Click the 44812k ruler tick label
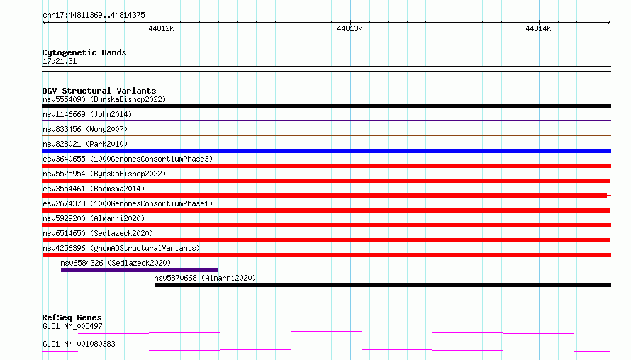(x=161, y=28)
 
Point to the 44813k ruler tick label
(x=350, y=28)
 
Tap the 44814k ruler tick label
(x=538, y=28)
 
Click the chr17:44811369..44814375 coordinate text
(x=94, y=15)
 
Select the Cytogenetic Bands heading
(x=84, y=52)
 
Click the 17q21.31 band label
(x=60, y=61)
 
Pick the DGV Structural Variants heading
(x=99, y=91)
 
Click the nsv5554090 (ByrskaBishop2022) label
(x=104, y=99)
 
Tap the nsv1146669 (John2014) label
(x=87, y=114)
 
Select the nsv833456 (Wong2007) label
(x=85, y=129)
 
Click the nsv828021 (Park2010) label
(x=85, y=144)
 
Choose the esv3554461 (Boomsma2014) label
(x=94, y=189)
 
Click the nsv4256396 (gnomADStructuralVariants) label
(x=121, y=248)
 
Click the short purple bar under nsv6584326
(x=140, y=270)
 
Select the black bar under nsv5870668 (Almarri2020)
(x=383, y=285)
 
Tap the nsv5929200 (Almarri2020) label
(x=94, y=218)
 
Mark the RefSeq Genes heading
(x=72, y=317)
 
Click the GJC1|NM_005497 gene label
(x=72, y=326)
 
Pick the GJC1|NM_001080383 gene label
(x=79, y=344)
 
